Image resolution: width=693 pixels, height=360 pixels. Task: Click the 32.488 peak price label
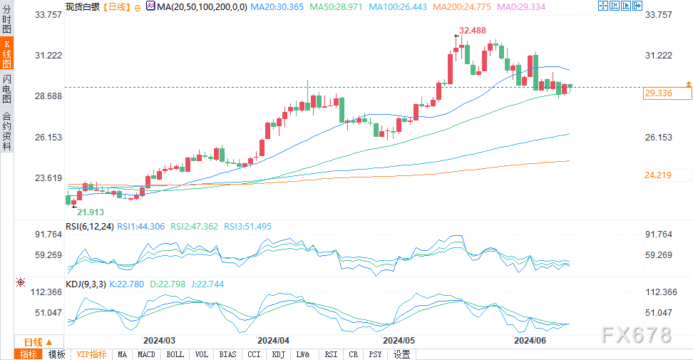click(473, 31)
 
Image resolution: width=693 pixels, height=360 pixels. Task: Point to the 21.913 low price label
click(91, 212)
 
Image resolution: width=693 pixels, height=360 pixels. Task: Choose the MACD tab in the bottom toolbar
click(146, 354)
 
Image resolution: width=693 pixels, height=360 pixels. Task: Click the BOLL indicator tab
click(175, 354)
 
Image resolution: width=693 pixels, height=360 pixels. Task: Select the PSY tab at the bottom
click(376, 354)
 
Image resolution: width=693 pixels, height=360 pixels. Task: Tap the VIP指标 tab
click(91, 354)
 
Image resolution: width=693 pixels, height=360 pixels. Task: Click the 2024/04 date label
click(274, 341)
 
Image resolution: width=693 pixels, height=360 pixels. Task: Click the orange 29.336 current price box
click(659, 93)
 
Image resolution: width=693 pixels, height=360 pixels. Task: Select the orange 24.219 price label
click(659, 175)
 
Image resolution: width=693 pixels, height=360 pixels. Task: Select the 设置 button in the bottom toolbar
click(401, 354)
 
